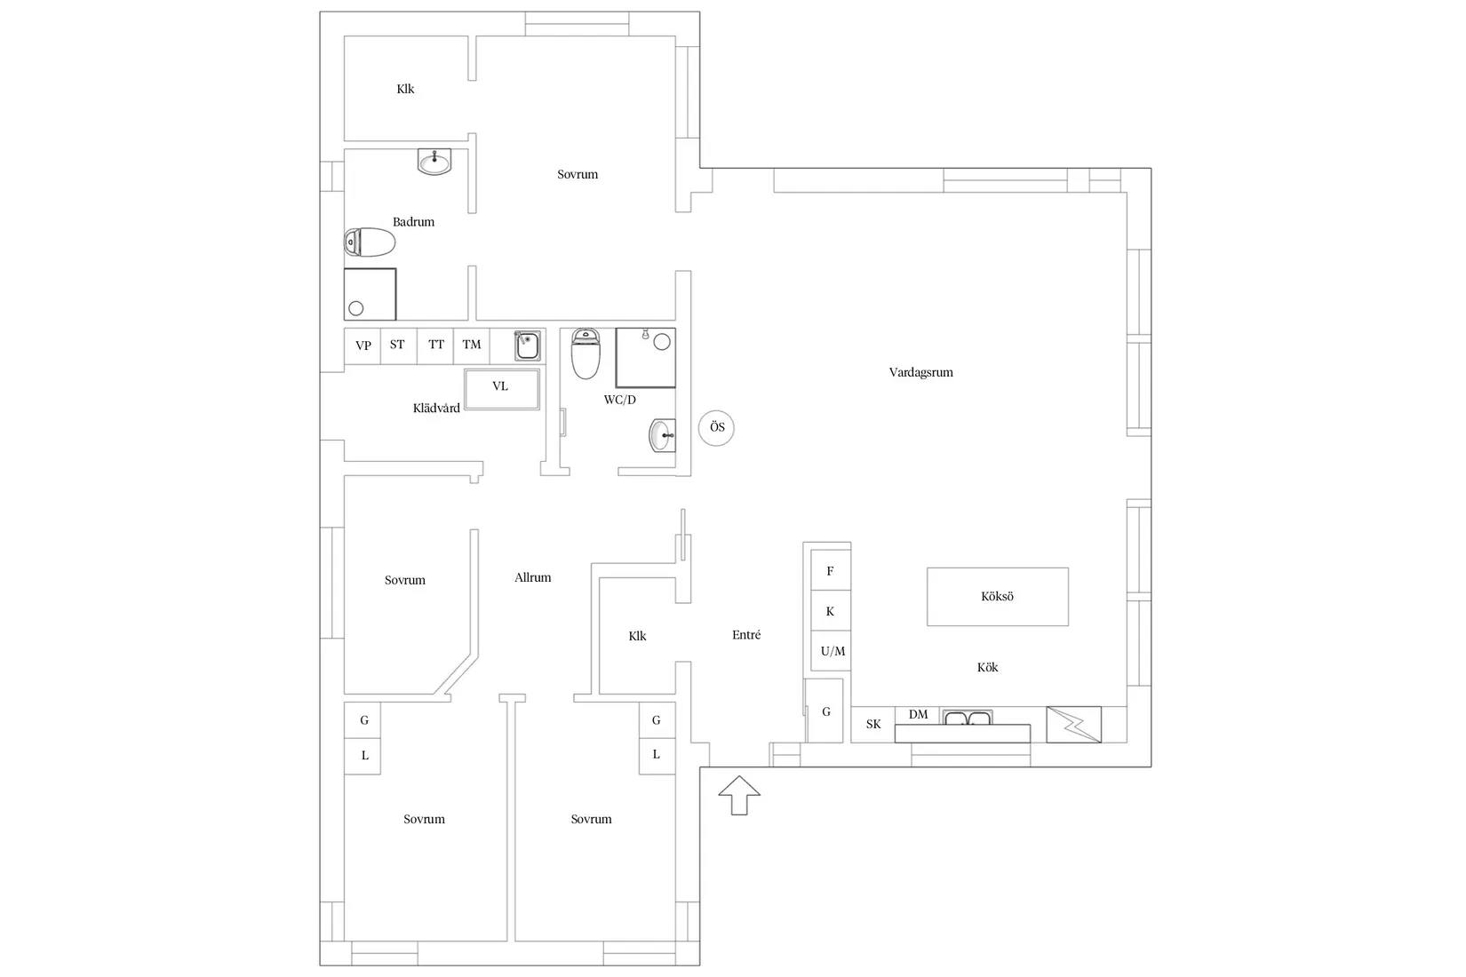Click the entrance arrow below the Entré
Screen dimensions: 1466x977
[x=739, y=795]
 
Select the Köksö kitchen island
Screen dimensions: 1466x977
[x=998, y=597]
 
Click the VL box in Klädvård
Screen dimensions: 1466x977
[x=502, y=389]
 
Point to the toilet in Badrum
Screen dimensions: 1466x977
[x=370, y=242]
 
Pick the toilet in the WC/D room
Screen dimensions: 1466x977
[x=586, y=353]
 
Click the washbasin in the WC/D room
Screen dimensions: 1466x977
[x=662, y=435]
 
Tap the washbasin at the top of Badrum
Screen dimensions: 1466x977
[x=434, y=162]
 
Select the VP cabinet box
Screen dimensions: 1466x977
[x=363, y=346]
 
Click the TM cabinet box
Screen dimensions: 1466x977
[x=471, y=346]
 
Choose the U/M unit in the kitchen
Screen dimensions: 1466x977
[x=831, y=651]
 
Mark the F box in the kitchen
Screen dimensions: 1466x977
[x=831, y=570]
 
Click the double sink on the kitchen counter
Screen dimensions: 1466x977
[x=968, y=718]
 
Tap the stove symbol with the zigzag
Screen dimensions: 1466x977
[x=1074, y=725]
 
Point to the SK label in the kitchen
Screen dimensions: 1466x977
[x=873, y=725]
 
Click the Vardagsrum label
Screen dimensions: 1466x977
[x=920, y=372]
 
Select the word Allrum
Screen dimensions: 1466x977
[x=533, y=577]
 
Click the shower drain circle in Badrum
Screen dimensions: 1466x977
[x=356, y=308]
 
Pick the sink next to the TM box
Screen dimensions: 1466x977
[x=527, y=345]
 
